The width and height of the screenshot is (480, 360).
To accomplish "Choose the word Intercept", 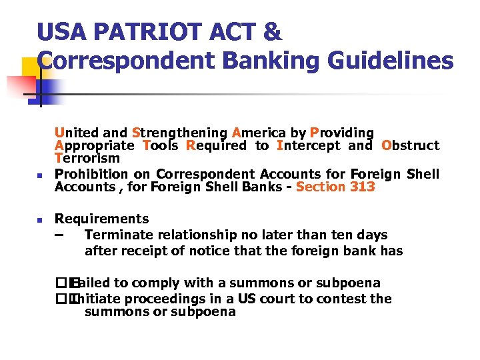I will point(307,145).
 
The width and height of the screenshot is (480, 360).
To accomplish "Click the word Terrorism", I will point(87,159).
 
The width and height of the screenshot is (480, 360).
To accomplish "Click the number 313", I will point(362,187).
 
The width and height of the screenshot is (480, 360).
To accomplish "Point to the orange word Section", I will point(321,187).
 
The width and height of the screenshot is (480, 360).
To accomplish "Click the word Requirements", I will point(102,219).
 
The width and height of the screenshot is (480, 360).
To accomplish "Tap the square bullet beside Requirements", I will point(39,219).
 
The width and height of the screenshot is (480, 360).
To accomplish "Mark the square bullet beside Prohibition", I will point(39,175).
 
